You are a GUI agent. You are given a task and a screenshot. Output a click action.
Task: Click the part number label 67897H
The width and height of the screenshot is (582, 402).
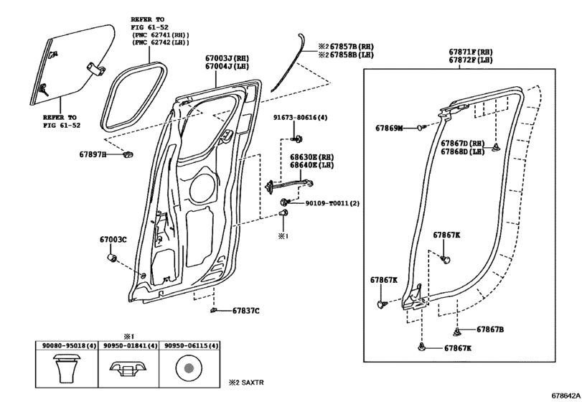93,154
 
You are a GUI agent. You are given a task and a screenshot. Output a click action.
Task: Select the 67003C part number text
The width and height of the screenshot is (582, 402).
113,240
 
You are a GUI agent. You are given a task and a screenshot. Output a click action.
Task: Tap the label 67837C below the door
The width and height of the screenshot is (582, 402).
245,311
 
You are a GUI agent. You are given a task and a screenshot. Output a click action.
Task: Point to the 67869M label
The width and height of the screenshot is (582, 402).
389,128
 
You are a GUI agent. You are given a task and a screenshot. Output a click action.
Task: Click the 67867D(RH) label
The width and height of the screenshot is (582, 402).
464,143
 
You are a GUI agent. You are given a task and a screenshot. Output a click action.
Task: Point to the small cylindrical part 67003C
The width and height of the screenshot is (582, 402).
113,258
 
